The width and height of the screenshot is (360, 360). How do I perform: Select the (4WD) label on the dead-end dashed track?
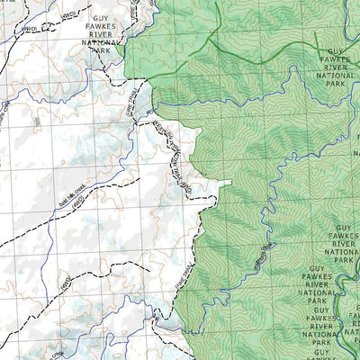click(65, 284)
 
